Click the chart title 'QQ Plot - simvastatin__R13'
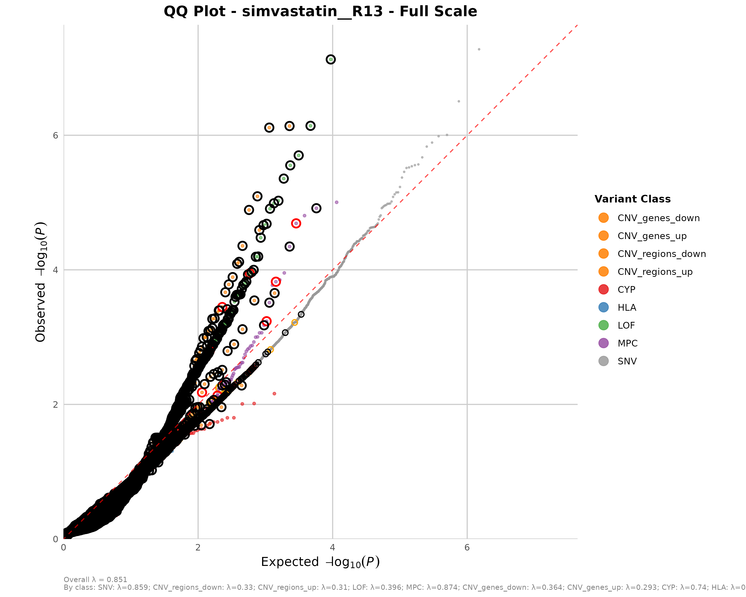point(320,11)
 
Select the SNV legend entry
point(627,361)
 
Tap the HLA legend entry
point(627,307)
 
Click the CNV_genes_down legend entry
point(658,218)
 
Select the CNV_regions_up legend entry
point(655,272)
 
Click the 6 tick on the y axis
point(55,135)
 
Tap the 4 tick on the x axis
point(332,547)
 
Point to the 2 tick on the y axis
point(55,404)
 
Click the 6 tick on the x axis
point(467,547)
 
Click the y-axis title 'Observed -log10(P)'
point(41,282)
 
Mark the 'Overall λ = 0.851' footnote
point(95,580)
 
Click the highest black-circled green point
point(330,59)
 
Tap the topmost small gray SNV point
point(479,50)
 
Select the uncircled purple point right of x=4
point(336,202)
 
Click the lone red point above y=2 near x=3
point(274,394)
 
